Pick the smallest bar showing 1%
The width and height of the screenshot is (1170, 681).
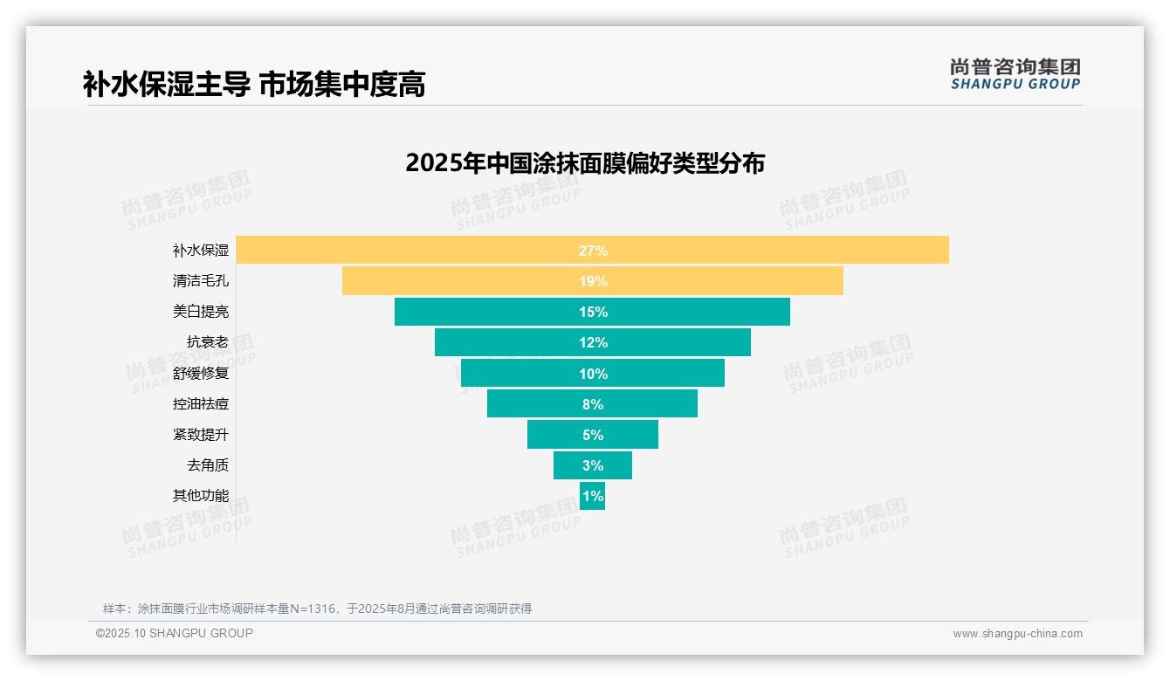tap(592, 496)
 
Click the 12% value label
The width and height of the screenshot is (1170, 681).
tap(593, 342)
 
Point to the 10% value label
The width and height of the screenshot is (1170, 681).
tap(593, 374)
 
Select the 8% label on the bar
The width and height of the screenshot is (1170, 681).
tap(593, 404)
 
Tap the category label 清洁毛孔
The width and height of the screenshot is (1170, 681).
tap(201, 281)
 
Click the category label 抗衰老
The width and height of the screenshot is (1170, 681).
tap(208, 342)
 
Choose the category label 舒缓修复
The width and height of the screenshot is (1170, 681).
tap(201, 374)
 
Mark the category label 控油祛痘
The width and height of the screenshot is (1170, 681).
tap(201, 404)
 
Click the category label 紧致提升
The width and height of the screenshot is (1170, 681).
tap(201, 435)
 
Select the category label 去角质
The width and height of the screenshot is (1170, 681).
tap(208, 465)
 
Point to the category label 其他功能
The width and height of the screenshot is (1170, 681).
tap(201, 496)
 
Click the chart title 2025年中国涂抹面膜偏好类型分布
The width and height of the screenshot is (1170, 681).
tap(585, 163)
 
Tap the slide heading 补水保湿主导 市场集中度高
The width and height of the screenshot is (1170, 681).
tap(254, 85)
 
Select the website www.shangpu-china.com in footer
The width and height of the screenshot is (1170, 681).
tap(1017, 634)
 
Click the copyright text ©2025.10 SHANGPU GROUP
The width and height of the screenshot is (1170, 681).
tap(175, 633)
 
